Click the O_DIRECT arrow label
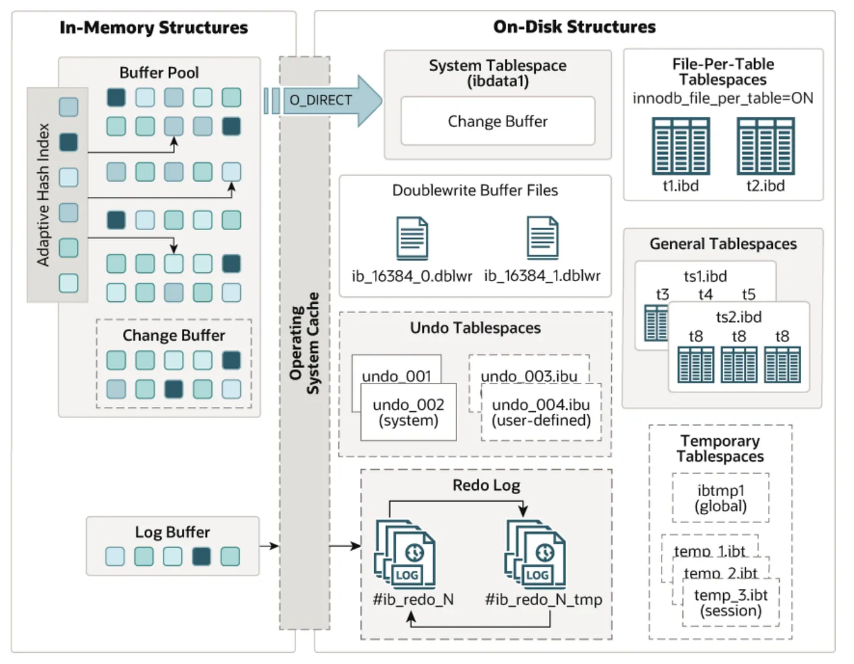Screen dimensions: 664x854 (320, 101)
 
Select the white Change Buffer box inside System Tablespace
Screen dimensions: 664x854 (497, 121)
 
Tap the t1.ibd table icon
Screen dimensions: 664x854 (680, 147)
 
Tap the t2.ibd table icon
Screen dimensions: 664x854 (765, 147)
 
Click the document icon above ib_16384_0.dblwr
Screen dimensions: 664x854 (412, 238)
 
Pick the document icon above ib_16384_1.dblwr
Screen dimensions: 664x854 (542, 238)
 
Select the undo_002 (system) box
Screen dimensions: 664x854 (408, 412)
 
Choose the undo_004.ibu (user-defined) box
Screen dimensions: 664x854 (541, 412)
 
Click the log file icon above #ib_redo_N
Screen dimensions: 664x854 (406, 554)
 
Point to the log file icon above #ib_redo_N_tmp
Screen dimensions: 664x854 (536, 554)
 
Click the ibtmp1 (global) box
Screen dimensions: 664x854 (721, 498)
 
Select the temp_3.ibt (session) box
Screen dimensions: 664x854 (731, 603)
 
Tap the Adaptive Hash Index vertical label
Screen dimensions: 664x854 (43, 194)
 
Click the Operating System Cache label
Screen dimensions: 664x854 (304, 343)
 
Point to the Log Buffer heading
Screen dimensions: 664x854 (172, 532)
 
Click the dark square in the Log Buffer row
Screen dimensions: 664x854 (201, 556)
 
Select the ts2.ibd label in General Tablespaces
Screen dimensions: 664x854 (738, 317)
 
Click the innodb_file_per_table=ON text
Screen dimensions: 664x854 (723, 98)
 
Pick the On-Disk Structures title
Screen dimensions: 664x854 (574, 27)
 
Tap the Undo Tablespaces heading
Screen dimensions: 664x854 (475, 328)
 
